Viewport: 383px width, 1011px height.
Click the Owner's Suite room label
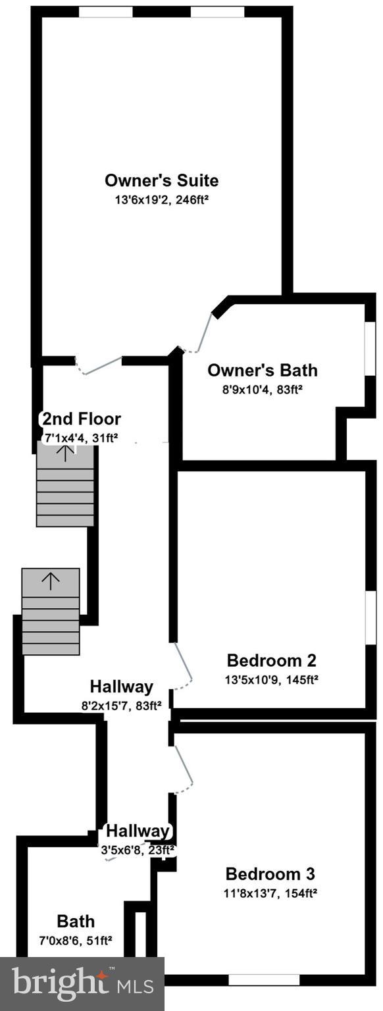(x=161, y=180)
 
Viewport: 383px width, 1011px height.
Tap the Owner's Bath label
(x=262, y=371)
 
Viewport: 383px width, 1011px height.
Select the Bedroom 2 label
(x=272, y=660)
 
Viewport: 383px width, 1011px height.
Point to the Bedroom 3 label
(x=270, y=874)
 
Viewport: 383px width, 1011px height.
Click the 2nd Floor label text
(x=82, y=419)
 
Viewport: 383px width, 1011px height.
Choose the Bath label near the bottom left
(x=76, y=921)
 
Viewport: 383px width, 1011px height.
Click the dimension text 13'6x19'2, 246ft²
(x=161, y=198)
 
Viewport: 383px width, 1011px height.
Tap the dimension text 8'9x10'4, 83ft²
(x=262, y=389)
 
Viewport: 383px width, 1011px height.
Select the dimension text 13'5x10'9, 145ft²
(x=272, y=679)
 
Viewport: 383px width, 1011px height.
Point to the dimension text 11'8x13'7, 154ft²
(x=270, y=893)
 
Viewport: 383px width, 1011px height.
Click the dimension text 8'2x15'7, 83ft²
(x=122, y=705)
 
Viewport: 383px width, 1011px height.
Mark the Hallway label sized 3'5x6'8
(x=138, y=831)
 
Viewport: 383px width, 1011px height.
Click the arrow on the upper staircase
(x=65, y=452)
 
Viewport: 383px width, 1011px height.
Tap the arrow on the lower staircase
(x=51, y=579)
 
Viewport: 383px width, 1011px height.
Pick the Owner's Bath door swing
(x=200, y=332)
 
